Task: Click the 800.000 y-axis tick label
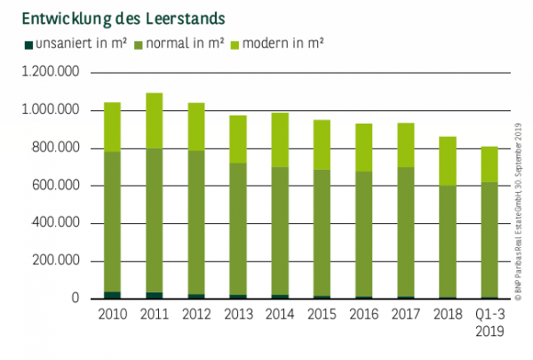tap(53, 148)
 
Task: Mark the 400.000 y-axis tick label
tap(53, 223)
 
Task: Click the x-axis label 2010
tap(113, 315)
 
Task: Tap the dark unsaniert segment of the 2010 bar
tap(113, 295)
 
